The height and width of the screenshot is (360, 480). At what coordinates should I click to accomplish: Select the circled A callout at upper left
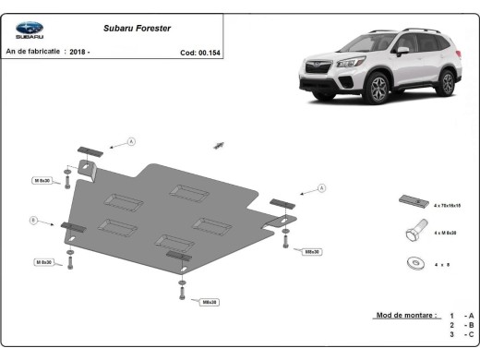pos(131,141)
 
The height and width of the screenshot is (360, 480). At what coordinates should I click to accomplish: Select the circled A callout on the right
pos(322,187)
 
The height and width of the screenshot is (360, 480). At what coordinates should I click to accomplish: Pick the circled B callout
pos(33,220)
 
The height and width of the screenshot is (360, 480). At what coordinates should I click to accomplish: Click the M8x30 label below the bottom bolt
pos(209,302)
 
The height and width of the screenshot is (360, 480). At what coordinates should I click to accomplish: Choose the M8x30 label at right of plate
pos(311,250)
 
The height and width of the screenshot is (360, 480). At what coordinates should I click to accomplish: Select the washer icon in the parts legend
pos(413,262)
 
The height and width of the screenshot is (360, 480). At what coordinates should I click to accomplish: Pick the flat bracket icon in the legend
pos(411,201)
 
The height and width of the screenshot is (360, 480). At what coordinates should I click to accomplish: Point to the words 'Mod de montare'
pos(405,315)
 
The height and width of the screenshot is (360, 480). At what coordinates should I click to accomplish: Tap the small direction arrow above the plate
pos(219,144)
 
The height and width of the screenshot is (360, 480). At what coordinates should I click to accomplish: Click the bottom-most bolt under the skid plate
pos(182,293)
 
